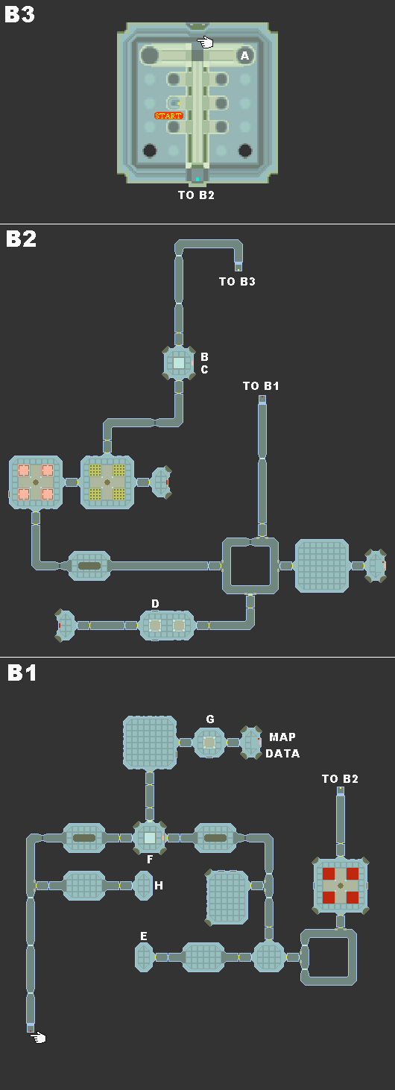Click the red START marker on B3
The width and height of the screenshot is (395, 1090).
coord(168,116)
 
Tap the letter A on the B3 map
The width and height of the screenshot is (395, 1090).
coord(244,56)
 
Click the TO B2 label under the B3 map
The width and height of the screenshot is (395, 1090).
coord(196,195)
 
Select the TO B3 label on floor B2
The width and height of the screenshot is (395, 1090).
coord(237,281)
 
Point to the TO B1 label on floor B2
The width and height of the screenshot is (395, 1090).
coord(261,386)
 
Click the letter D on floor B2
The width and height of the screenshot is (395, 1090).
coord(155,604)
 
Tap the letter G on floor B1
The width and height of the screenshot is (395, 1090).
coord(210,719)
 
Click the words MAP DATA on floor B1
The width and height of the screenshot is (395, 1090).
coord(282,745)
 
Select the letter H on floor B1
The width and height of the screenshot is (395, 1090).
coord(159,885)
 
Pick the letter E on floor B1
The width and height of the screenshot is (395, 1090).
coord(144,936)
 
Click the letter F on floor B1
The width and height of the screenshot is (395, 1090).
coord(150,860)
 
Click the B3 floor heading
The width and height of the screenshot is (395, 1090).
coord(19,14)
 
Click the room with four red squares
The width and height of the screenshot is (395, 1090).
coord(341,885)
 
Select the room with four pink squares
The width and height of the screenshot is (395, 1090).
coord(36,482)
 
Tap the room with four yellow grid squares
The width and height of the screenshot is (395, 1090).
coord(107,482)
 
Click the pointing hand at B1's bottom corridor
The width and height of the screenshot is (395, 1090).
coord(38,1038)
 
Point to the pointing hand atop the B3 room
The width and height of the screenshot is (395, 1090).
coord(205,42)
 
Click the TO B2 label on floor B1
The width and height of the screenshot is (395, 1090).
coord(340,779)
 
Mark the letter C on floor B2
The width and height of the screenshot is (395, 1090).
coord(204,370)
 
